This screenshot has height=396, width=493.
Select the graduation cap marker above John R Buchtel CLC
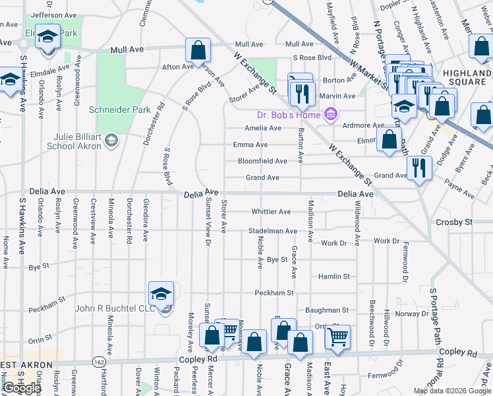(x=161, y=294)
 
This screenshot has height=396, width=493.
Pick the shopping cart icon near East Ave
(x=337, y=337)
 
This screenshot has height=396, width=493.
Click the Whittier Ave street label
(x=271, y=212)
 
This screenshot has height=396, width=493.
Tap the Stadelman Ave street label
(x=272, y=232)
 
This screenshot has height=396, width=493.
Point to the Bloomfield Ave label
(x=262, y=161)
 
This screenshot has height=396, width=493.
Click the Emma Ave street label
(x=250, y=145)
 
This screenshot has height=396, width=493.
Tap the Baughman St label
(x=326, y=310)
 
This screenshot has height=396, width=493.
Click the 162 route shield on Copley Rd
(x=98, y=362)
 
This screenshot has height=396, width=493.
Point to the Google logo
(x=21, y=388)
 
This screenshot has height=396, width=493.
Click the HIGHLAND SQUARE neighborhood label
(x=467, y=78)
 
